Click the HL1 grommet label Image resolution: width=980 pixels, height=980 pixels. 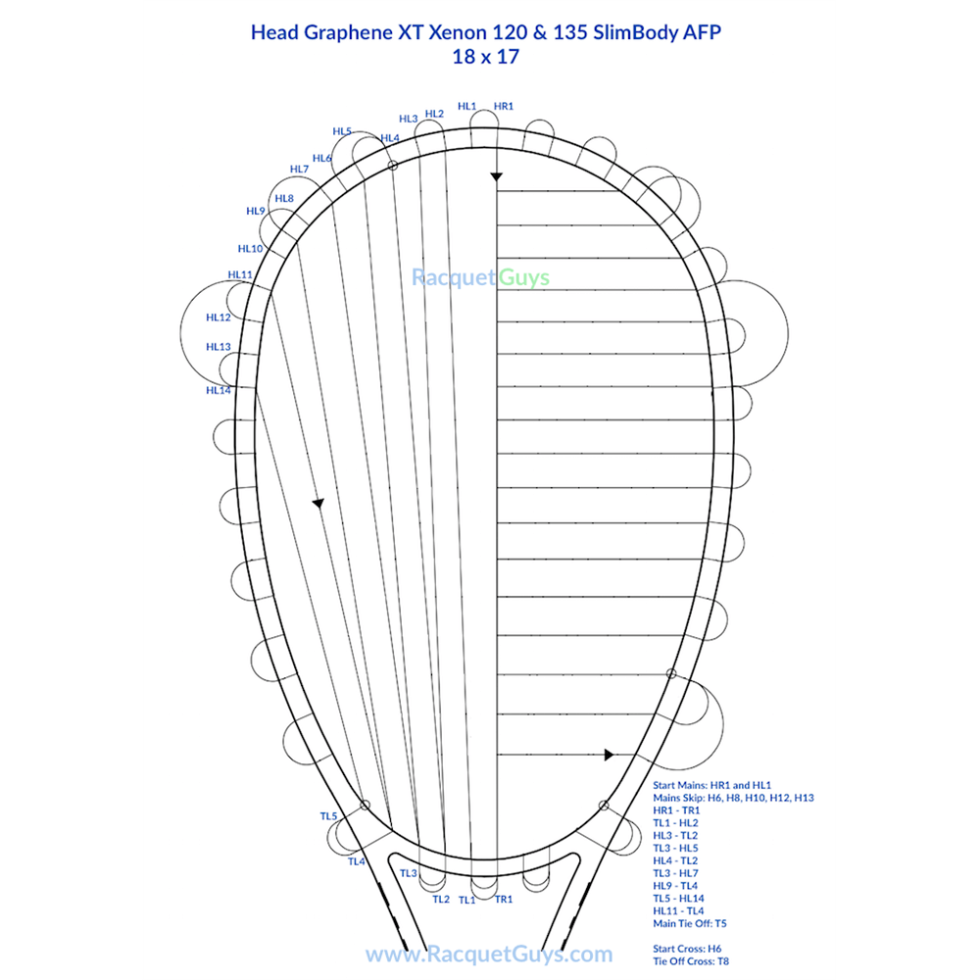point(466,106)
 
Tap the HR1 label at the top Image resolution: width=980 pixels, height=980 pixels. point(504,106)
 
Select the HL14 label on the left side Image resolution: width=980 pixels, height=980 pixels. point(218,390)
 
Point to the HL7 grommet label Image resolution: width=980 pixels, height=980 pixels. point(300,170)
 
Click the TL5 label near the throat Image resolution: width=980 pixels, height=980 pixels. point(328,816)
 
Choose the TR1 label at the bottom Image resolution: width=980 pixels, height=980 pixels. point(504,899)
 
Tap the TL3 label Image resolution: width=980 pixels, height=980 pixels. point(409,873)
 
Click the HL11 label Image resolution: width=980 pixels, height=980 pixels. point(240,274)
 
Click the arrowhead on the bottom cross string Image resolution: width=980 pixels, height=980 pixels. point(609,755)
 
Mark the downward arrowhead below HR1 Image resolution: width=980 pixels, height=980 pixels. point(496,176)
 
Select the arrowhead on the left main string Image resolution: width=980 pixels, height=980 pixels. point(318,503)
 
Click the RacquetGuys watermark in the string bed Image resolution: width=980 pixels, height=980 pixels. point(480,278)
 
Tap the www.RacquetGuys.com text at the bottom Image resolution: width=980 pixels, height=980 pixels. point(489,954)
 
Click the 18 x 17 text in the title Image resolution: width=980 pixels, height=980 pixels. point(485,57)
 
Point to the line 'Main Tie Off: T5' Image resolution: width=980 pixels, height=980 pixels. point(690,923)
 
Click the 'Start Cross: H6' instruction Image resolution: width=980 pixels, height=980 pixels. point(687,949)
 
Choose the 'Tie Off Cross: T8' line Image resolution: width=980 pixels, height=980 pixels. point(691,961)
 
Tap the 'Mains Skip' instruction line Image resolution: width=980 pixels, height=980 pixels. point(733,798)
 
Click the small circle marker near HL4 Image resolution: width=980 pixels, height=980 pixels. point(393,167)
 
